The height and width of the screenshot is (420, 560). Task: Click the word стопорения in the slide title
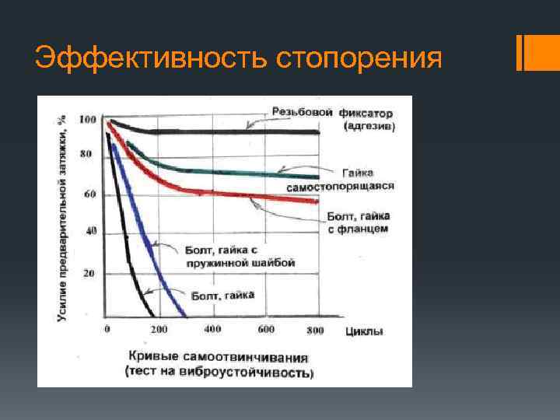(359, 58)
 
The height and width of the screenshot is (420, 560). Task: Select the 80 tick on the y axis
(86, 154)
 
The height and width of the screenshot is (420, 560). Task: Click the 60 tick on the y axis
(89, 194)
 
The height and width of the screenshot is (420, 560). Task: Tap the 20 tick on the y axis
(89, 274)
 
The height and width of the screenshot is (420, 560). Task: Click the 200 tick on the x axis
(159, 330)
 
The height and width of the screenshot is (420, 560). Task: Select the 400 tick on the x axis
(212, 330)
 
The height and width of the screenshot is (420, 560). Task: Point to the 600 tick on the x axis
(265, 330)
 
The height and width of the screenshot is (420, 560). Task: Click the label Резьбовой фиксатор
(332, 113)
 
